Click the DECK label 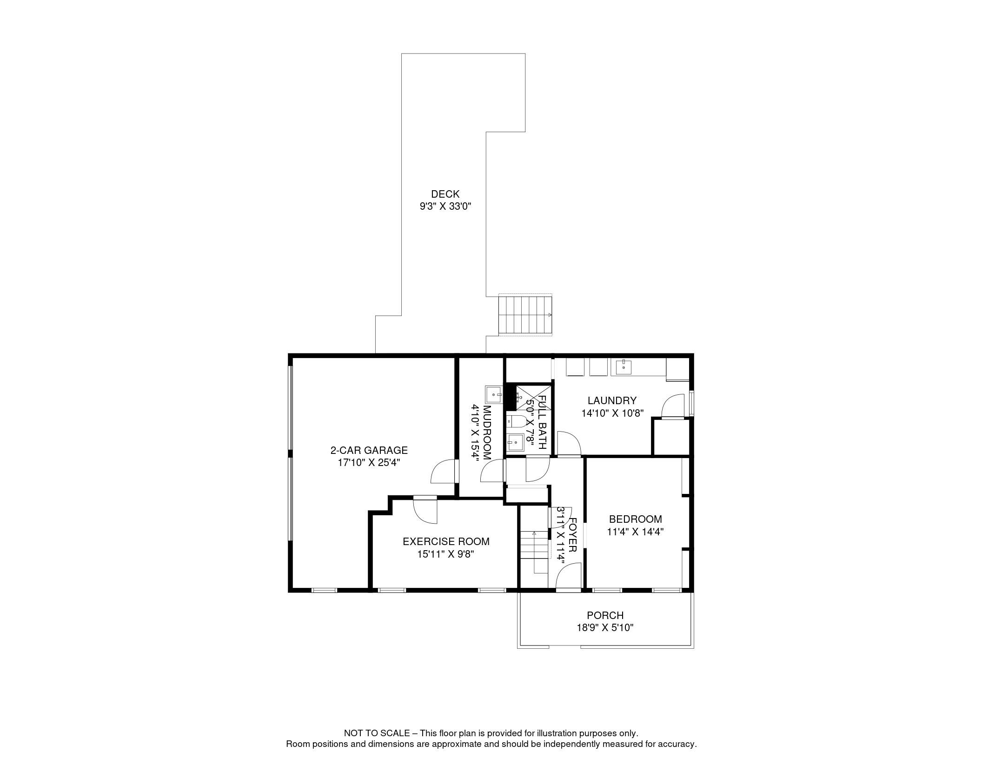coord(445,194)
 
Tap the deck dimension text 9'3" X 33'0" coord(445,206)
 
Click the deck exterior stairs coord(525,315)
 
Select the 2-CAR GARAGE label coord(369,450)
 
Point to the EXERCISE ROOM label coord(446,541)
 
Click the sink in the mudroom coord(494,394)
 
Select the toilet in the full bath coord(517,422)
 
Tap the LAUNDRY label coord(611,400)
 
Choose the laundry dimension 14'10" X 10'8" coord(612,413)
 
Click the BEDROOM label coord(635,519)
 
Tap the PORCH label coord(605,615)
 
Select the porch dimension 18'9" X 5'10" coord(605,628)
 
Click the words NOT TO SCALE coord(377,733)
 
